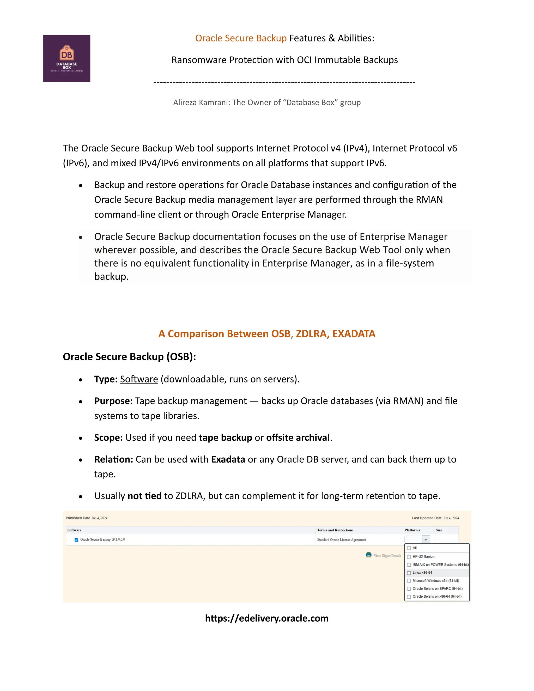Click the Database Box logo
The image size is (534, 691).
pos(67,58)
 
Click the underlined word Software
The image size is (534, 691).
pos(139,379)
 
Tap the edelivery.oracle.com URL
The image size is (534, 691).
pos(267,618)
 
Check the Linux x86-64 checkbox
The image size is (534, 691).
pos(409,573)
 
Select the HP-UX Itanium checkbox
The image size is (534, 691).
pos(409,556)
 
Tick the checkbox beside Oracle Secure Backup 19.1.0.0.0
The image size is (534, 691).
pos(76,540)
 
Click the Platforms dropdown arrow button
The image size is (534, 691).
pos(426,540)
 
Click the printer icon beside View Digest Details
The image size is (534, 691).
pos(368,555)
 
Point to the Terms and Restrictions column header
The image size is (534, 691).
pos(335,530)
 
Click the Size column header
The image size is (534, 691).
pos(439,530)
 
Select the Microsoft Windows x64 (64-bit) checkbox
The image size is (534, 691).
pos(409,581)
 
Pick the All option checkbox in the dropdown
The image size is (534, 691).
pos(409,548)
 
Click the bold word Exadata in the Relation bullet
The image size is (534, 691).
pos(228,459)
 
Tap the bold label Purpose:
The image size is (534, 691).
pos(113,401)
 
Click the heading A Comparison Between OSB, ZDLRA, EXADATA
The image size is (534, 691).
pos(267,334)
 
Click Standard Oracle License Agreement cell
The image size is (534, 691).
pos(341,540)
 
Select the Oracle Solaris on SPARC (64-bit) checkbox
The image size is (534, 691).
pos(409,589)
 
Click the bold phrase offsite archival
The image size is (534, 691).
pos(298,438)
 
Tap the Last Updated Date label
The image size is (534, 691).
pos(426,518)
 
